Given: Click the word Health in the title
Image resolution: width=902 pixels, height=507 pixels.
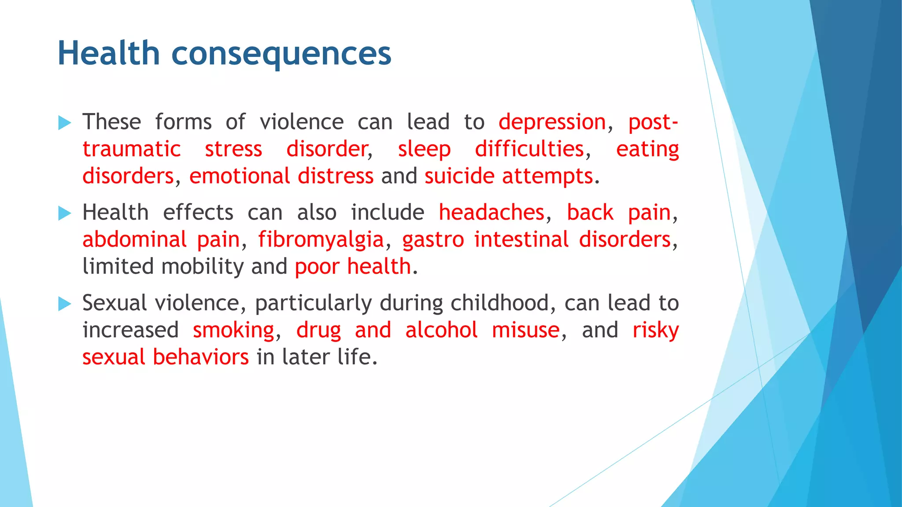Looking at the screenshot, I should point(108,53).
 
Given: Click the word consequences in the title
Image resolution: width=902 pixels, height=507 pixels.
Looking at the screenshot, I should point(281,54).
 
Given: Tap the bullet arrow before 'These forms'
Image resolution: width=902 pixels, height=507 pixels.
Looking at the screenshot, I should point(64,123).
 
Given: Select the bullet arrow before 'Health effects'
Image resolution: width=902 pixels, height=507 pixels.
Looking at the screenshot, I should point(64,214).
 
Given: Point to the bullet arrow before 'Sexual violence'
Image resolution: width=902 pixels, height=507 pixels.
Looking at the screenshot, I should point(64,304).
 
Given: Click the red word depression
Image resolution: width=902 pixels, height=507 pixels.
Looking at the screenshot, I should point(552,122).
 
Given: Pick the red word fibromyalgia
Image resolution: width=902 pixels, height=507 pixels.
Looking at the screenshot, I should point(321,240).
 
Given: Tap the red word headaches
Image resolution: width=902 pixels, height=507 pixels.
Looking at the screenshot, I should point(492,213).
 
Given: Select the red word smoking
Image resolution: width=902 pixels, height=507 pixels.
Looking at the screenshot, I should point(233,331).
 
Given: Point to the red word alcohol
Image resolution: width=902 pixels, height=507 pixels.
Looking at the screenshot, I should point(441,330).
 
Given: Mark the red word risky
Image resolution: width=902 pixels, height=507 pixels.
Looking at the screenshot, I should point(655,331).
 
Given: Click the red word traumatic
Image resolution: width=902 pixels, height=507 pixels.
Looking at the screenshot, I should point(132,149).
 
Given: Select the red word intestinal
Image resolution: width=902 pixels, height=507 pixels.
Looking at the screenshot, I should point(521,240).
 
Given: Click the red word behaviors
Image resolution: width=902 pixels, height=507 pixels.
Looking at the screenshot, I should point(200,357).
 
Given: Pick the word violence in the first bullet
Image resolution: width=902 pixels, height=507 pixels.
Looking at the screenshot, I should point(302,122).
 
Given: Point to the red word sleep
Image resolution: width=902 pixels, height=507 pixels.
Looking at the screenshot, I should point(424,149).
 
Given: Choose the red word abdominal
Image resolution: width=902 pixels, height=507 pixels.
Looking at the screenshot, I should point(135,240).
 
